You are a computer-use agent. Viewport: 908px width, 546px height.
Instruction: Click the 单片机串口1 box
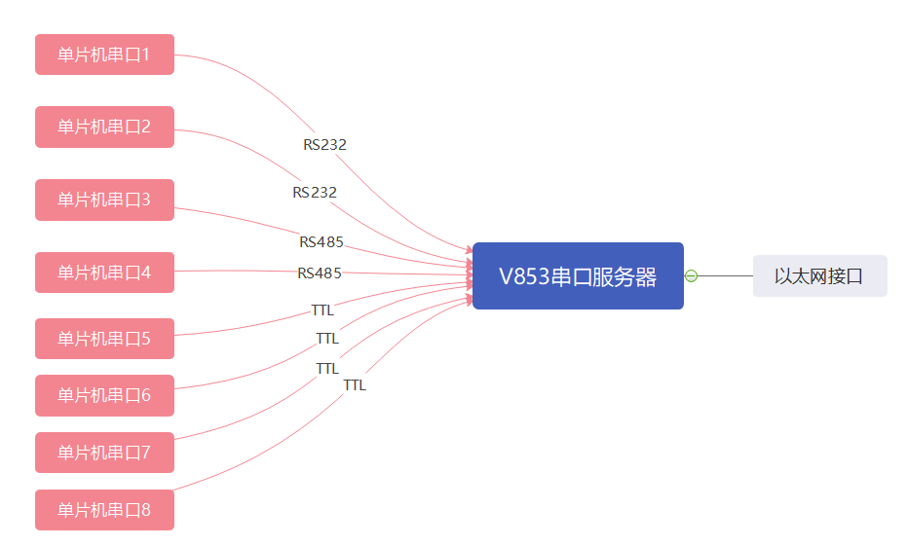104,55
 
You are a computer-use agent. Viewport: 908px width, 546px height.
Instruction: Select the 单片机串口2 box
104,127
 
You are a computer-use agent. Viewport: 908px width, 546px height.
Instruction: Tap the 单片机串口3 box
104,200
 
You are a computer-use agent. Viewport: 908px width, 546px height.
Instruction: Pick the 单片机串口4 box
104,273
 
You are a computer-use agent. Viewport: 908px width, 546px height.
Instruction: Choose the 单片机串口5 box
104,339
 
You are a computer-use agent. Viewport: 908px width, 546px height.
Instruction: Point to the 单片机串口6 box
104,395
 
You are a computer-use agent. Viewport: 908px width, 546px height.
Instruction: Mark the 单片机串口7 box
104,453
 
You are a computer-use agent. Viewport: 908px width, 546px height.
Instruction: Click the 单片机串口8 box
104,509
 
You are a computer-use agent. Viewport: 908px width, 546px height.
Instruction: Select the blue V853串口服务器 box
578,276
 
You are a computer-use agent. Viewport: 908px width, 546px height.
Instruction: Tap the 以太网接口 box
819,276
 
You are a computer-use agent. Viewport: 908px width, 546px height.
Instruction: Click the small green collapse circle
691,276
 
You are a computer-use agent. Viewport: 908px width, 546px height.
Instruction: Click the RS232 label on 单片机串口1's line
324,145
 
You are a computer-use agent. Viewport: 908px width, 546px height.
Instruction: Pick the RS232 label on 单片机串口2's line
315,193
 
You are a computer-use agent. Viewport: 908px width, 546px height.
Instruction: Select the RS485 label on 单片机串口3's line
322,241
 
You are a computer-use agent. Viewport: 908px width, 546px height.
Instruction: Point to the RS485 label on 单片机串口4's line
320,273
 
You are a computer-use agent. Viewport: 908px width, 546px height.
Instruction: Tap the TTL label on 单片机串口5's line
322,310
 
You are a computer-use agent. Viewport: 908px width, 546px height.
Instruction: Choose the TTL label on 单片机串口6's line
327,339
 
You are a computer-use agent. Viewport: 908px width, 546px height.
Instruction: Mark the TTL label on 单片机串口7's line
327,369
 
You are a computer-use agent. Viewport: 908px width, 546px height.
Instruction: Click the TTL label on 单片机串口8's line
355,385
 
